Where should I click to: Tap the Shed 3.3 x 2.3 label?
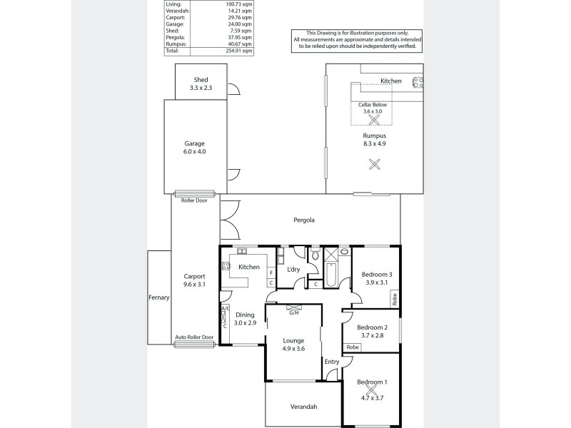click(201, 84)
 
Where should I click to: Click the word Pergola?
click(305, 220)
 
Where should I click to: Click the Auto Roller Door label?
click(194, 337)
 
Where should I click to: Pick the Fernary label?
click(158, 297)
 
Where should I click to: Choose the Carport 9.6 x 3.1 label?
click(194, 280)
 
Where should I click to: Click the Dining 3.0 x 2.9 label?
click(244, 319)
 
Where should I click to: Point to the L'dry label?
click(292, 269)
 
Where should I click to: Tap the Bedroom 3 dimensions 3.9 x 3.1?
click(376, 282)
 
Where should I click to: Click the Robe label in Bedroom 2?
click(352, 347)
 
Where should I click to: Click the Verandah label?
click(303, 407)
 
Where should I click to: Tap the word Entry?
click(332, 362)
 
